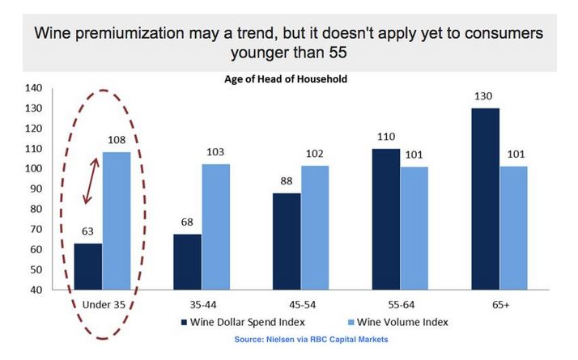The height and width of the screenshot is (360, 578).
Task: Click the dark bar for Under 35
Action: coord(88,266)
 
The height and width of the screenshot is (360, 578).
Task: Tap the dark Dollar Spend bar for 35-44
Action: coord(187,261)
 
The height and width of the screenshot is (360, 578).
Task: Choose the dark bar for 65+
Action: coord(485,198)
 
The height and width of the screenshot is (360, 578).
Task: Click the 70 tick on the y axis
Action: coord(36,229)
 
